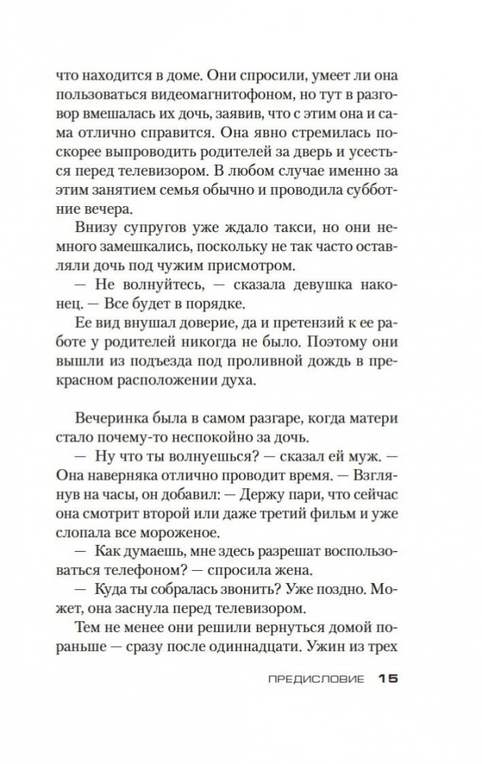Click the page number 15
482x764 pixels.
tap(388, 679)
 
